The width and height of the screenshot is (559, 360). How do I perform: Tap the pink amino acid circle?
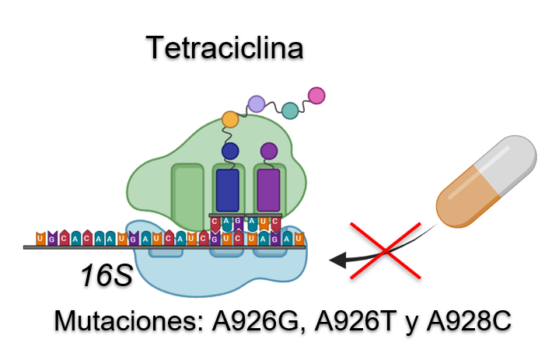pos(316,95)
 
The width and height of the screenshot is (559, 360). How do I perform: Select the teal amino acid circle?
pos(290,110)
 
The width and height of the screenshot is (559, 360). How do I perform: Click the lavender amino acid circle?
pos(256,103)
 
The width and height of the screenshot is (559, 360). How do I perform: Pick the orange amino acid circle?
pos(230,119)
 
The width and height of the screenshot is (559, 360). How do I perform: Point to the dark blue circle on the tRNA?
pos(230,150)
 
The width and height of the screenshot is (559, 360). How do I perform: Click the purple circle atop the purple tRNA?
pos(268,150)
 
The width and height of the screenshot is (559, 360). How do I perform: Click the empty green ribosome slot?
pos(187,190)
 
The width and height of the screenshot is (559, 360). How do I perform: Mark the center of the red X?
pos(387,250)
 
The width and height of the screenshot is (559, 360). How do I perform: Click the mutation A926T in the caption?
pos(356,321)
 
